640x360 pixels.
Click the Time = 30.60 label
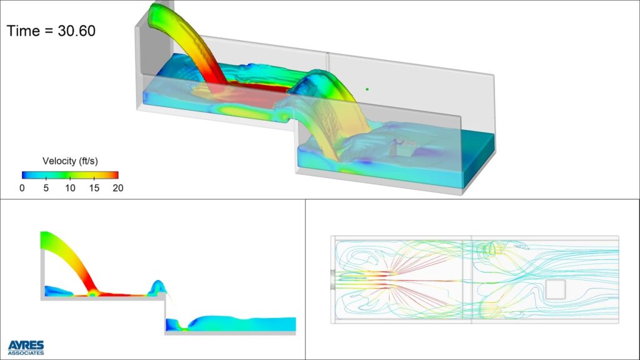[51, 31]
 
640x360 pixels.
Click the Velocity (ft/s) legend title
[70, 161]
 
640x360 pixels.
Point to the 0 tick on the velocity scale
[22, 187]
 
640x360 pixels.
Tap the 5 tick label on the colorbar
[46, 187]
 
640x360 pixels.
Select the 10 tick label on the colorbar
[70, 187]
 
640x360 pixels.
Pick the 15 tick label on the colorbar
[94, 187]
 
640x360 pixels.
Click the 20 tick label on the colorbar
[118, 187]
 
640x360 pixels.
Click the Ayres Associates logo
[26, 347]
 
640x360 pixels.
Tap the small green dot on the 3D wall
[367, 89]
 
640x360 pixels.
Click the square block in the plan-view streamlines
[556, 289]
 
